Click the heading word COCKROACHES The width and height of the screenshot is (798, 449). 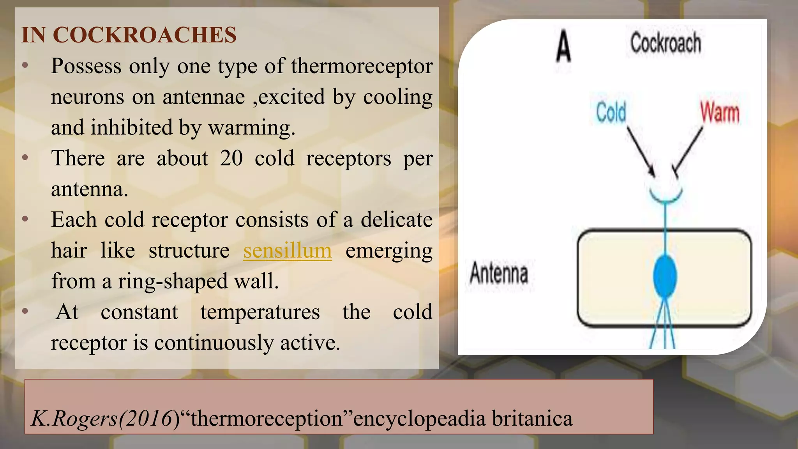click(x=145, y=35)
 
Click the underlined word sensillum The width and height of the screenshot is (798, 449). click(x=288, y=251)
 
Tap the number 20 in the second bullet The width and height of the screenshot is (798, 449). click(x=231, y=158)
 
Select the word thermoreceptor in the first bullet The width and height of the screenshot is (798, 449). click(x=362, y=66)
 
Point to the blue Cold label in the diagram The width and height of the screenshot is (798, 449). click(x=611, y=112)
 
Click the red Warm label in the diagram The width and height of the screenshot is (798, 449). click(x=720, y=112)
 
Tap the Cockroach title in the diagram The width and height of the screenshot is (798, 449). click(x=666, y=43)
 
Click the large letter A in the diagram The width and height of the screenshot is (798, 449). click(x=563, y=47)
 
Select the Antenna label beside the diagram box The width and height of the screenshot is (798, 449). click(x=499, y=273)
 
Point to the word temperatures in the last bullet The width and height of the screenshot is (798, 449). click(x=260, y=312)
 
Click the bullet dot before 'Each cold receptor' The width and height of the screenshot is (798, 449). click(x=25, y=219)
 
